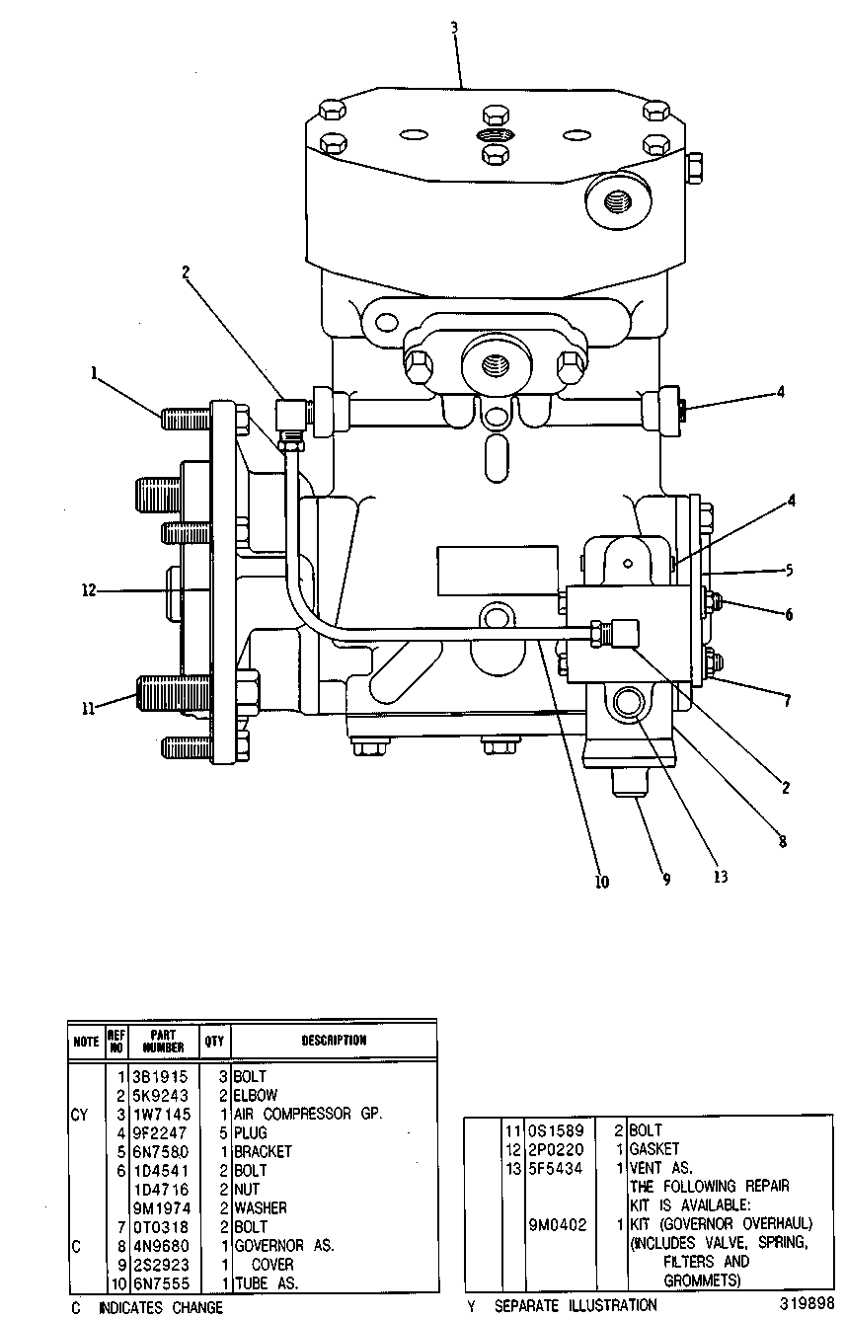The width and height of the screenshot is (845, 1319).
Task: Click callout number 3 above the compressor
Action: click(454, 28)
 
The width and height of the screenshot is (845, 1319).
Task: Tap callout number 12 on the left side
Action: click(88, 590)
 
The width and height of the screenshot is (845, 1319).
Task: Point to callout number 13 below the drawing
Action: click(721, 877)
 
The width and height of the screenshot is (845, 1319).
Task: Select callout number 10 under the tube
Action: click(602, 882)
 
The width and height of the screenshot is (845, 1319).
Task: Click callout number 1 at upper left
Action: click(94, 373)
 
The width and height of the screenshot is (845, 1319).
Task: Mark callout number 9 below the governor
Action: click(666, 879)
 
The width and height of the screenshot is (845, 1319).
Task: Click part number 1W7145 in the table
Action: click(162, 1115)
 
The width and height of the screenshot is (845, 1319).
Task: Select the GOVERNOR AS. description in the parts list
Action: click(284, 1245)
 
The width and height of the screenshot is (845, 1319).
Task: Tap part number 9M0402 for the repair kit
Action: click(558, 1225)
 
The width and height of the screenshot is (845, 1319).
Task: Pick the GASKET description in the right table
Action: click(654, 1149)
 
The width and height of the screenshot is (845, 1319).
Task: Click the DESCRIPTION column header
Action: click(334, 1041)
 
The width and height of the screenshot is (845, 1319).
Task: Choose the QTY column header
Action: click(214, 1041)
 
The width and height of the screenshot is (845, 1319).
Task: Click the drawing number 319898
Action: click(807, 1303)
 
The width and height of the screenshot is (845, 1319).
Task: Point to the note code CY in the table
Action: click(79, 1115)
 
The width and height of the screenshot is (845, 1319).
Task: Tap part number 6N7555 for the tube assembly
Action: click(162, 1283)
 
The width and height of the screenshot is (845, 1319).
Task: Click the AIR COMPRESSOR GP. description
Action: click(308, 1114)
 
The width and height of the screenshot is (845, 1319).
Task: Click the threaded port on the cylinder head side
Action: click(618, 203)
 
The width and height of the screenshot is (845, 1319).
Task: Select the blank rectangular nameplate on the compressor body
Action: click(498, 570)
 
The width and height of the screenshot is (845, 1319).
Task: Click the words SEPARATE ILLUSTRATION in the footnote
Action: click(576, 1306)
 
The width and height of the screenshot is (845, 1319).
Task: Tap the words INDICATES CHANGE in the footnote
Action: click(161, 1308)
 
